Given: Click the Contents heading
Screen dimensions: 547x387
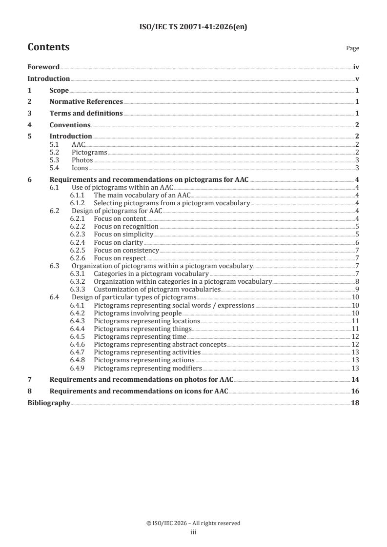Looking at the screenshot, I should (48, 47).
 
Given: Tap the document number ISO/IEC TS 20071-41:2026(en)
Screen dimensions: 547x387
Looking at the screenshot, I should (193, 27).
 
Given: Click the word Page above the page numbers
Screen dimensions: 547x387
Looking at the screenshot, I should (352, 49).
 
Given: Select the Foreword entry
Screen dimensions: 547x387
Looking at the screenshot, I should (43, 67).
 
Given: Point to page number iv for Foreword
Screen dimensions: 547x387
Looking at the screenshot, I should (356, 67).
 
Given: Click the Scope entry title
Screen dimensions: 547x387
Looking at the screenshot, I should (59, 90).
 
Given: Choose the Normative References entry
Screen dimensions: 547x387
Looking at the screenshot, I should (86, 102).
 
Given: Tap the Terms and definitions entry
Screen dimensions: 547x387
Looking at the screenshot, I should (86, 113).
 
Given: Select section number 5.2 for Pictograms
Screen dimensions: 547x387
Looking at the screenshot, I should (55, 153).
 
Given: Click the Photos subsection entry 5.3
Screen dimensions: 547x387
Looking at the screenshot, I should (82, 160).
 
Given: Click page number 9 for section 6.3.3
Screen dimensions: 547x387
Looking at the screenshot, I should (358, 289).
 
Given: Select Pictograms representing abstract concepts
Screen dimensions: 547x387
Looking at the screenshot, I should (160, 344).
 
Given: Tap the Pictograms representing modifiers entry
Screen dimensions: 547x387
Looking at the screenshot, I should (148, 368).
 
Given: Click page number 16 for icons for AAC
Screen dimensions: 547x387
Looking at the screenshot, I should (356, 391).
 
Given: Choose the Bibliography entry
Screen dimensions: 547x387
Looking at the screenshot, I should (49, 403).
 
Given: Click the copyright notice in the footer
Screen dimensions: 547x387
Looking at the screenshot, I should (193, 523).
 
